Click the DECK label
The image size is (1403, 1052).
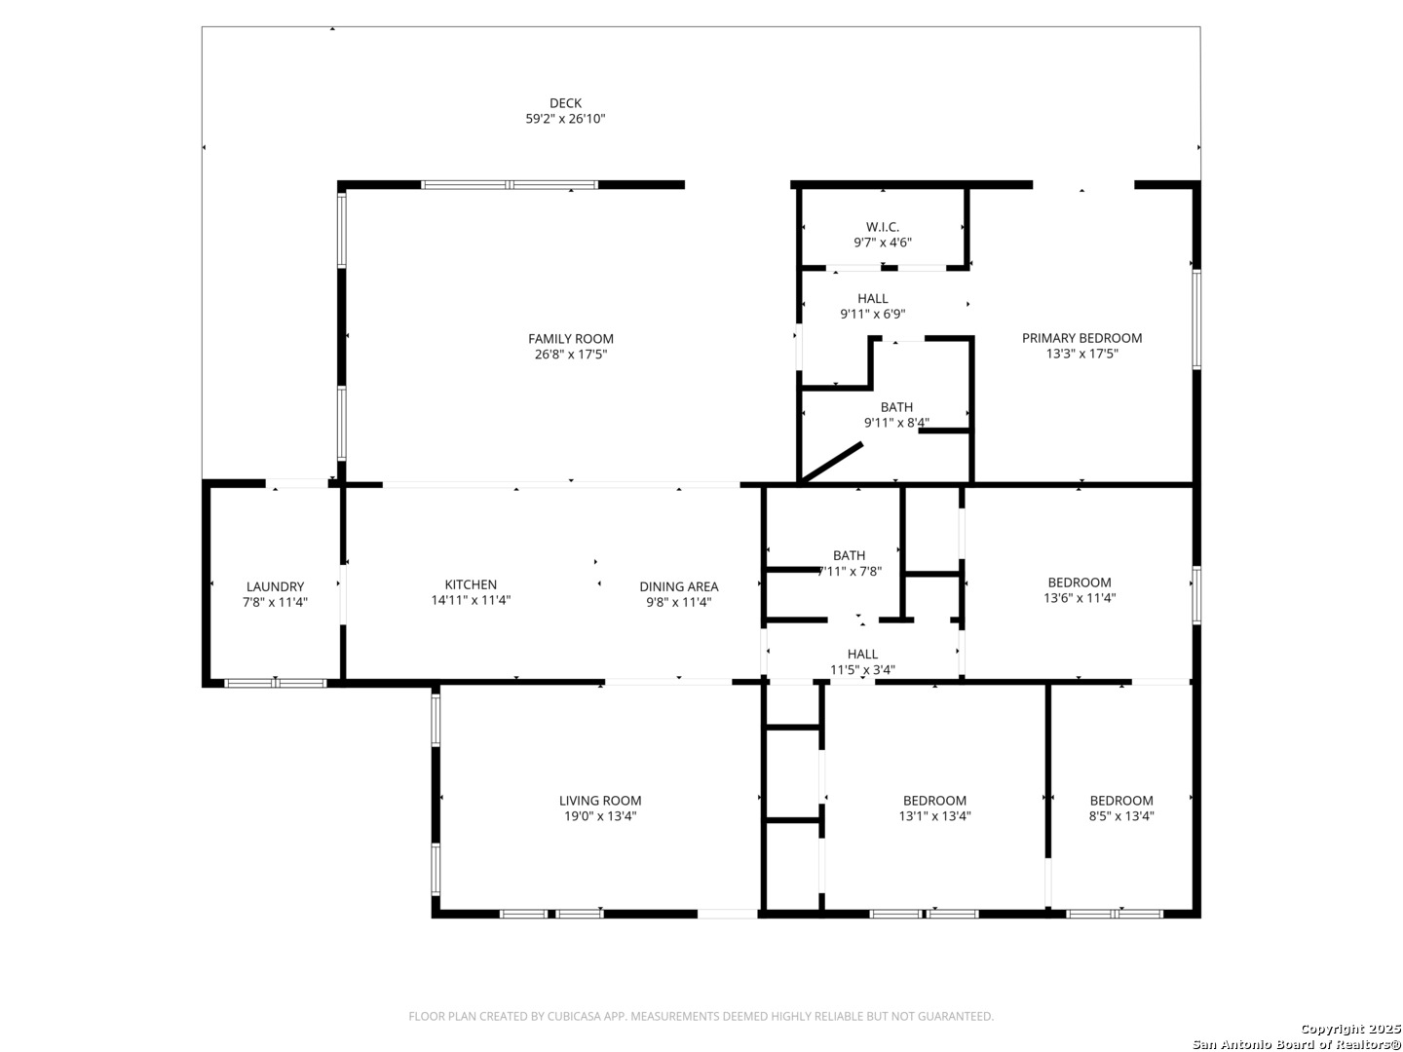[x=565, y=103]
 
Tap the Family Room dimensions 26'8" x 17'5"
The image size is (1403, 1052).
[x=570, y=354]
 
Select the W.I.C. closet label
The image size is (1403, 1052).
[x=882, y=227]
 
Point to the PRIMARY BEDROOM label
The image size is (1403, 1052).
[x=1081, y=338]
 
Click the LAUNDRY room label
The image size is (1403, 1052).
[x=275, y=586]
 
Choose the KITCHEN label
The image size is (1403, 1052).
[x=471, y=584]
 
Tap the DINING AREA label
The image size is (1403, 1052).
[x=678, y=586]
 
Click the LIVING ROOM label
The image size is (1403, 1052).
[x=599, y=801]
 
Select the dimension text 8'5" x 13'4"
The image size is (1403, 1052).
[x=1120, y=815]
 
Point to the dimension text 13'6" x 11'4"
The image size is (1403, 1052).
[x=1079, y=598]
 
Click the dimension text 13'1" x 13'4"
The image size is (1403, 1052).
[x=933, y=815]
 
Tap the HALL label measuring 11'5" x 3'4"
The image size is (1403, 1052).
[x=861, y=654]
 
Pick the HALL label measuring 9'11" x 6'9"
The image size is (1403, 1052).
[x=872, y=298]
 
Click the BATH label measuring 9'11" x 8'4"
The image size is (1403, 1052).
[x=896, y=407]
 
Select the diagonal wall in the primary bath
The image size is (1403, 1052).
[x=830, y=463]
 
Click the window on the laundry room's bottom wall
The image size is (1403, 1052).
[x=275, y=684]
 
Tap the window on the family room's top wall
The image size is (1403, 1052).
[x=509, y=185]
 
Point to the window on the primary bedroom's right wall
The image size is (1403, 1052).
[x=1195, y=319]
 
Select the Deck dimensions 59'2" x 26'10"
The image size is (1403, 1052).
[x=565, y=119]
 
